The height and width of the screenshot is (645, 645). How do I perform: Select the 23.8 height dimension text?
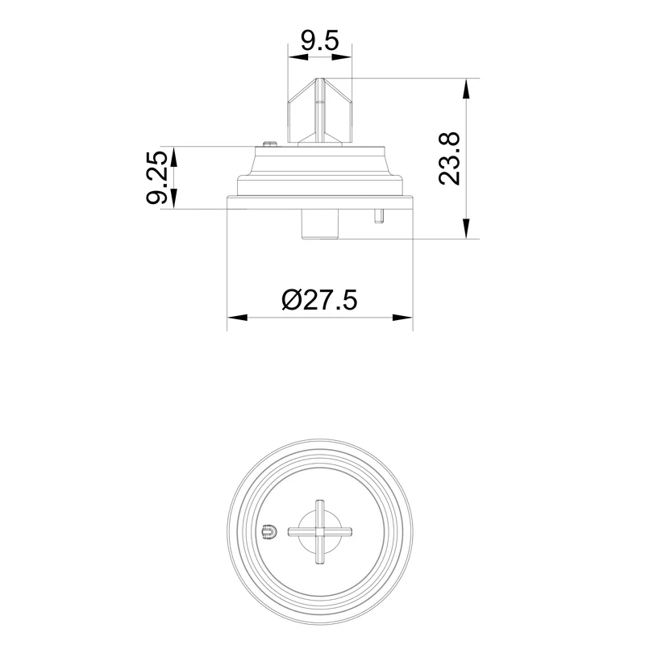pyautogui.click(x=449, y=159)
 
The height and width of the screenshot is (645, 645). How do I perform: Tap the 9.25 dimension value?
pyautogui.click(x=157, y=177)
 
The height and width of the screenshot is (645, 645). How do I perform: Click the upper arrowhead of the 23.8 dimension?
pyautogui.click(x=466, y=88)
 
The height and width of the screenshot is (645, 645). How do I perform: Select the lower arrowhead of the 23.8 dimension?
pyautogui.click(x=466, y=228)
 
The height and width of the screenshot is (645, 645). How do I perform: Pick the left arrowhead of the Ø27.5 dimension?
pyautogui.click(x=237, y=318)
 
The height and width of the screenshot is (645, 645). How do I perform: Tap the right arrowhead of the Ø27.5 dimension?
pyautogui.click(x=402, y=318)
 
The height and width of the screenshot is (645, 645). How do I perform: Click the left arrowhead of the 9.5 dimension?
pyautogui.click(x=298, y=56)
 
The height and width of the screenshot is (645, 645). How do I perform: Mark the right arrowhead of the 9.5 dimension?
pyautogui.click(x=342, y=56)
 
